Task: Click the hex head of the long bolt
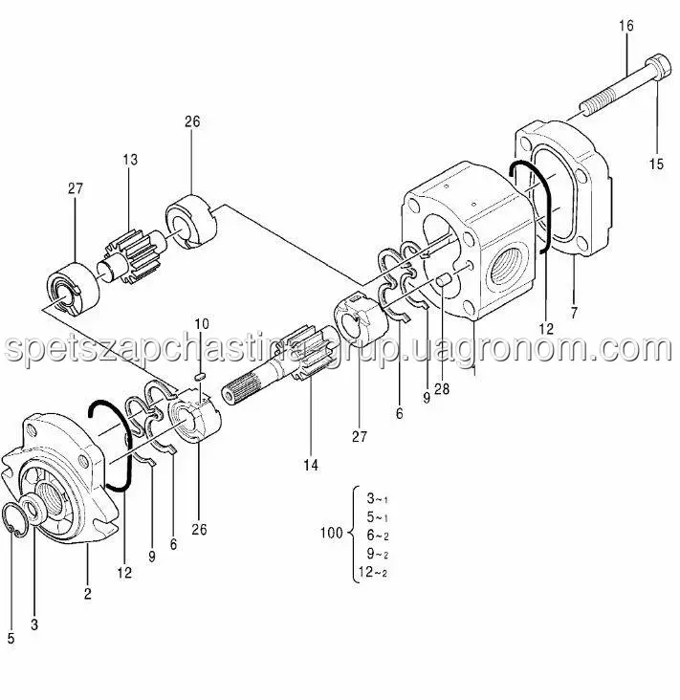tap(658, 67)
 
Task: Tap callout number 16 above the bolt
tap(626, 26)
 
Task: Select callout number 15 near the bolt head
tap(656, 164)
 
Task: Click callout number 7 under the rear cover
tap(574, 313)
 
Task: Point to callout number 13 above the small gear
tap(130, 160)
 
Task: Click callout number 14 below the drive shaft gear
tap(311, 465)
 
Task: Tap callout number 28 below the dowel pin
tap(442, 389)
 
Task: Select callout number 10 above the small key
tap(202, 323)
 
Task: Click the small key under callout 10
tap(200, 377)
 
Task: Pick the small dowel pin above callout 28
tap(444, 281)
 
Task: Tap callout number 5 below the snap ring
tap(11, 639)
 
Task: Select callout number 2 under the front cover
tap(88, 593)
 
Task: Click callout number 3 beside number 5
tap(34, 624)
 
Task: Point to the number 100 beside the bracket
tap(331, 533)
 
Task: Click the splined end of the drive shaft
tap(241, 388)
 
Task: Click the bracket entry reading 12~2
tap(373, 572)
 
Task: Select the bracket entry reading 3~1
tap(377, 498)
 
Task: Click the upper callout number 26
tap(192, 121)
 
